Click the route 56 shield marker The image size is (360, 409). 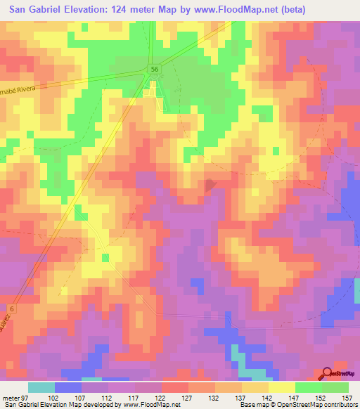pyautogui.click(x=154, y=68)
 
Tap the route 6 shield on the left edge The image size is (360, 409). pyautogui.click(x=12, y=309)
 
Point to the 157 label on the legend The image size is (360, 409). pyautogui.click(x=347, y=397)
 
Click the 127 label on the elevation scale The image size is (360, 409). pyautogui.click(x=188, y=397)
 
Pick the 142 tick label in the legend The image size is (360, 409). pyautogui.click(x=268, y=397)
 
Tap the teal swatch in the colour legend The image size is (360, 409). pyautogui.click(x=41, y=387)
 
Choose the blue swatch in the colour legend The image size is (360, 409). pyautogui.click(x=68, y=387)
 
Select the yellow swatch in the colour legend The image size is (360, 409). pyautogui.click(x=282, y=387)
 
